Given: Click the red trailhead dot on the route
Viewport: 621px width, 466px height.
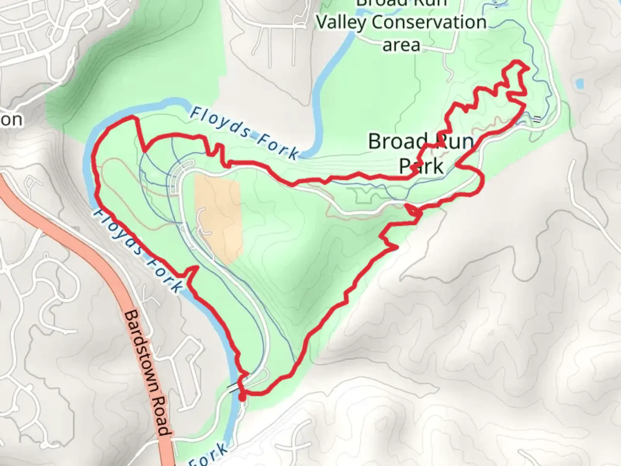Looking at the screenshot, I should tap(242, 396).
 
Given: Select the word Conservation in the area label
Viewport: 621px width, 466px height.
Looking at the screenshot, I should tap(429, 22).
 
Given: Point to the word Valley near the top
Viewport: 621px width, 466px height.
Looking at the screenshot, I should tap(341, 22).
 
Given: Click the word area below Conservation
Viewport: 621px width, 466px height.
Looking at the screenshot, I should tap(401, 45).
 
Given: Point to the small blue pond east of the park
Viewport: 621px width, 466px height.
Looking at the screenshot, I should tap(579, 83).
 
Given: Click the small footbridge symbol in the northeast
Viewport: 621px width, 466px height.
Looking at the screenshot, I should tap(537, 119).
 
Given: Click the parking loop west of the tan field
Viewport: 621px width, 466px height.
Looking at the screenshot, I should tap(181, 173).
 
